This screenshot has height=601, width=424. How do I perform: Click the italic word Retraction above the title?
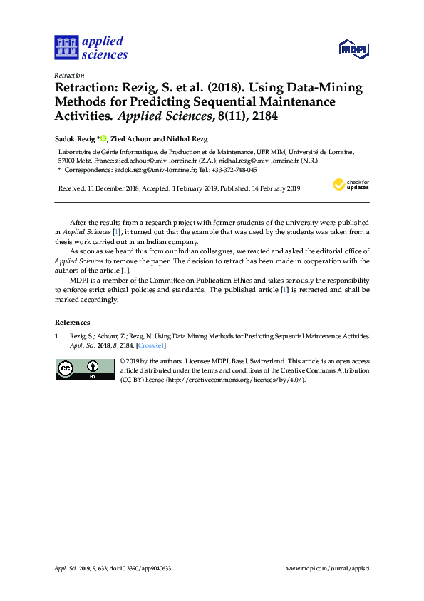pos(69,76)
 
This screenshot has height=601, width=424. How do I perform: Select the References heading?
pos(73,322)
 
